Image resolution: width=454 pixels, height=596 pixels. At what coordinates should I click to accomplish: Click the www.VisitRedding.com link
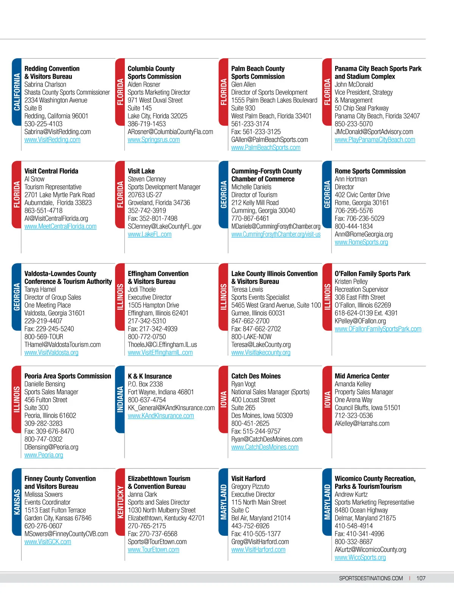52,140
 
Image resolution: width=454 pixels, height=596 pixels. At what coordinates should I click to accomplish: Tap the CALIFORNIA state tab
17,92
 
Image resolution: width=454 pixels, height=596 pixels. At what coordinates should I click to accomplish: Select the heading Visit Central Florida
51,171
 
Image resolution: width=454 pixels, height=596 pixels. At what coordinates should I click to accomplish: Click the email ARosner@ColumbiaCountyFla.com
170,132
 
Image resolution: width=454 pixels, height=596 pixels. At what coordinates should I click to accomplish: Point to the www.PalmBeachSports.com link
266,148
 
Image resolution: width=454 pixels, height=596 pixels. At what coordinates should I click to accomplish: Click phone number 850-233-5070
353,124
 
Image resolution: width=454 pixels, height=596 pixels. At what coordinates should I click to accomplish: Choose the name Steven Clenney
146,179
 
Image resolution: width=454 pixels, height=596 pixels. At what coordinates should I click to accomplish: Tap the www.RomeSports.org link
361,242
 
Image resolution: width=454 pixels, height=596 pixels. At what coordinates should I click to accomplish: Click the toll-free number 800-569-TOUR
44,337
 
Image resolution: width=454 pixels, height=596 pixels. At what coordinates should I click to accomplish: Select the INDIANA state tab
120,399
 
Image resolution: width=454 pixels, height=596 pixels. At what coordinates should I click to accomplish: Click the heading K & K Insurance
149,376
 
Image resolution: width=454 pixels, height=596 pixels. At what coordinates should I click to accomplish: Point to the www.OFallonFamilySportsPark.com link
378,329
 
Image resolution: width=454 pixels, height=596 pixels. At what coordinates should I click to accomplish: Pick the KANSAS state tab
17,502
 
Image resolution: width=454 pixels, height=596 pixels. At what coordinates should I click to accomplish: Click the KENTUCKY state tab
120,502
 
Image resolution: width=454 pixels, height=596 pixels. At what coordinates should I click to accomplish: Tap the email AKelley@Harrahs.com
362,423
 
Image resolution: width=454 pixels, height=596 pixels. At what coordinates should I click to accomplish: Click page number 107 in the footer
421,578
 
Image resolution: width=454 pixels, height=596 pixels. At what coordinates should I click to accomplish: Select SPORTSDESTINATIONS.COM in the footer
371,578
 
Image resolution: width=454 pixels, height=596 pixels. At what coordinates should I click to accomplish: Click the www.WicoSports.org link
360,557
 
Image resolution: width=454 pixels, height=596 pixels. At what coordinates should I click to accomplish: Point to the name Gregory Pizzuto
250,486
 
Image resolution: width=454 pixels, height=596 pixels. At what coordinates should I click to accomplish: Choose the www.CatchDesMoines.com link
264,447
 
